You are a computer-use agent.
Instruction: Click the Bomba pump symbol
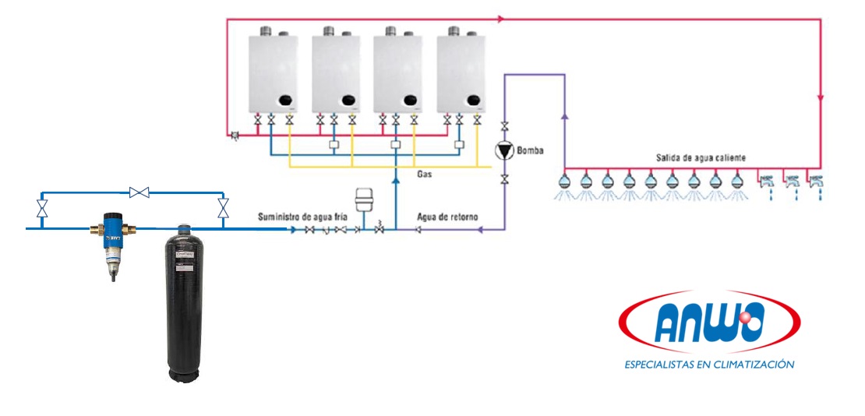[x=504, y=151]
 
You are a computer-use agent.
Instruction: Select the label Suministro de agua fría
[x=302, y=216]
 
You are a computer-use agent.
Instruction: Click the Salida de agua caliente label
[x=701, y=157]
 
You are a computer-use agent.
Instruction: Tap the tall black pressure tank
[x=184, y=304]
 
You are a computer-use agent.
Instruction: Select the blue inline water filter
[x=114, y=238]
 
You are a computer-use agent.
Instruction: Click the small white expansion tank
[x=362, y=198]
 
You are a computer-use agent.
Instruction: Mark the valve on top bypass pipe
[x=140, y=192]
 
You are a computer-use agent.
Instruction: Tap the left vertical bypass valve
[x=42, y=208]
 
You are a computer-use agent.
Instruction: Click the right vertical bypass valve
[x=224, y=208]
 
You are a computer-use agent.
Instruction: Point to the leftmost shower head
[x=564, y=182]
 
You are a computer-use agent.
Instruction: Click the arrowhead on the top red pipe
[x=500, y=17]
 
